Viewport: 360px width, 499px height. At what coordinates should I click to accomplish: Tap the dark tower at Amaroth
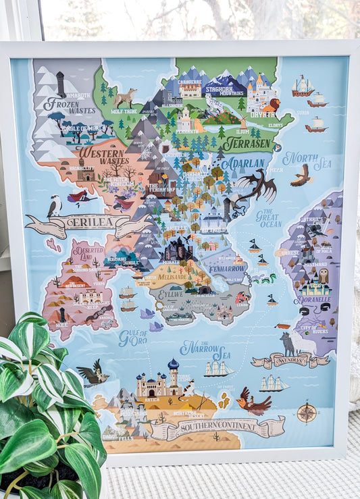point(61,84)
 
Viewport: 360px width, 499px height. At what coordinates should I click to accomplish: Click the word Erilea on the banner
point(86,223)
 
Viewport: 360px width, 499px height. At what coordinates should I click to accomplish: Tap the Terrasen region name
point(246,143)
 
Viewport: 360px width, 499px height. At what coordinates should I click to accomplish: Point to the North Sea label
point(307,159)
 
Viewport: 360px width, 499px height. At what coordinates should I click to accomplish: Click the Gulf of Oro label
point(132,338)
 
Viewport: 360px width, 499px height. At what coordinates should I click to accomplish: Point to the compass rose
point(307,412)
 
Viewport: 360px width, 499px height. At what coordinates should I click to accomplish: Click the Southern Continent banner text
point(216,427)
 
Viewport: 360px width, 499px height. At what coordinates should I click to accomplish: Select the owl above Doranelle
point(323,275)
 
